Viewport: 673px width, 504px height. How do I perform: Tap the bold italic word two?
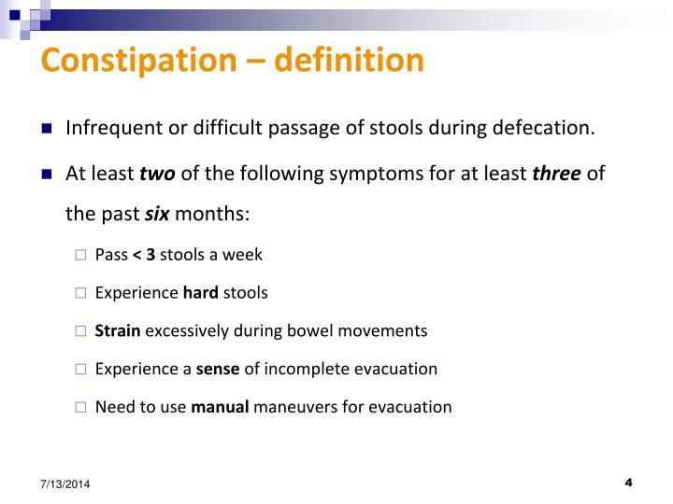157,174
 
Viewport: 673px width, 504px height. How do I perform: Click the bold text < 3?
144,254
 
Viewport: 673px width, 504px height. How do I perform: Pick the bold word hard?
200,292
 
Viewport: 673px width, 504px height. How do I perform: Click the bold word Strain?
118,330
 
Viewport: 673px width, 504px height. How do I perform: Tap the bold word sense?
218,369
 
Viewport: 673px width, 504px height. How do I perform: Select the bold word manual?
220,407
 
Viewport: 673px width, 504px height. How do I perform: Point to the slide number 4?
628,483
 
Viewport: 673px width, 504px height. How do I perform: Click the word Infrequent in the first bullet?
111,128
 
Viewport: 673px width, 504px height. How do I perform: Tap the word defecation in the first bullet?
545,128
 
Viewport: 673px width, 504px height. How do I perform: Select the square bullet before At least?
47,175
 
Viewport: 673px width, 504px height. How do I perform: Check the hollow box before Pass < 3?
80,255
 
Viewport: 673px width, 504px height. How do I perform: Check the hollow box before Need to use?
80,408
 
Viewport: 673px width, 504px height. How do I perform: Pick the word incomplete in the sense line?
303,369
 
